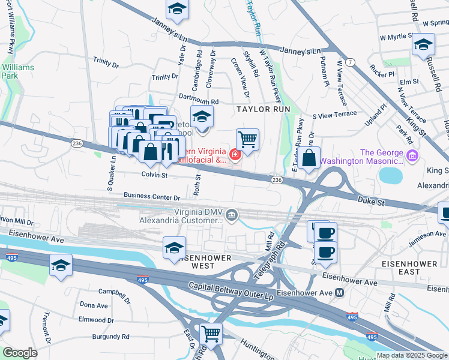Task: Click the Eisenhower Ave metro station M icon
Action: click(x=339, y=293)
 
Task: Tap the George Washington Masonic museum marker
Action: click(x=412, y=157)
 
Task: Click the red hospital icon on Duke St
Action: click(x=235, y=156)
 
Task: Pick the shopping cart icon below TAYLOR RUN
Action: click(x=247, y=140)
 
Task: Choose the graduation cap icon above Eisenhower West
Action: click(x=174, y=247)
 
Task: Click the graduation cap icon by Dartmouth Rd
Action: click(x=202, y=116)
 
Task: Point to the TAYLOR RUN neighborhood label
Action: click(x=263, y=109)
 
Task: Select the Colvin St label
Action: click(x=154, y=175)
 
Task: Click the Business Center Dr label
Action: click(x=152, y=196)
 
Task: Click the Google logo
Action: click(x=20, y=353)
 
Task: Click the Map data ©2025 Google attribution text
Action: click(x=411, y=355)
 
